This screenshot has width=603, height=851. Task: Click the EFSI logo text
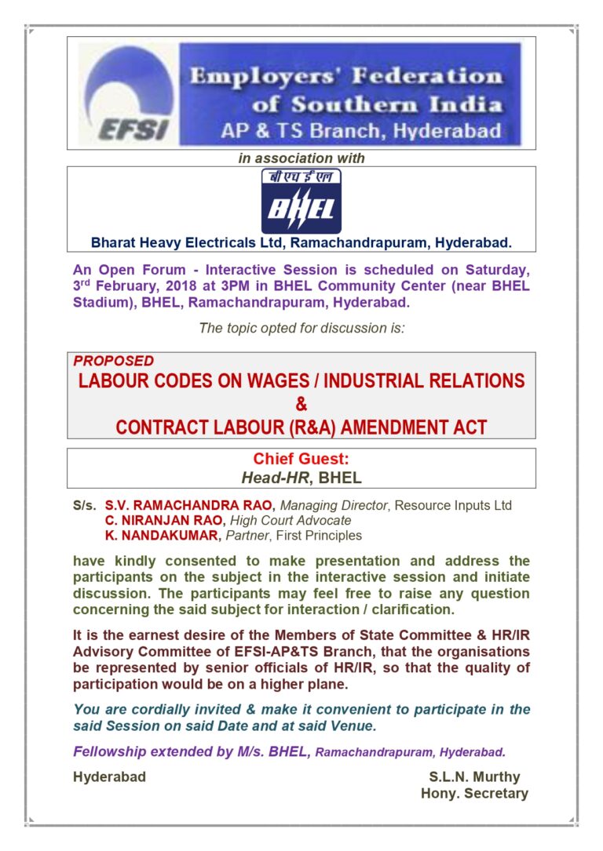[133, 128]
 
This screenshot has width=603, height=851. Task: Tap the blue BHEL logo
[301, 202]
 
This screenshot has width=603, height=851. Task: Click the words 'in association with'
[301, 158]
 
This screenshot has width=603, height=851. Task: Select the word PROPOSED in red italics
[114, 362]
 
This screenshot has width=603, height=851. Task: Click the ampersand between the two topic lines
[301, 405]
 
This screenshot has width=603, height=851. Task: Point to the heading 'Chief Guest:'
[301, 459]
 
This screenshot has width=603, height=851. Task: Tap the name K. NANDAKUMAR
[161, 536]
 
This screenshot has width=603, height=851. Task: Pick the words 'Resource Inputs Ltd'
[453, 505]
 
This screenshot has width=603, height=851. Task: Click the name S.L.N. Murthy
[474, 777]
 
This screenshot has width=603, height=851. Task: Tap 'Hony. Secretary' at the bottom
[474, 793]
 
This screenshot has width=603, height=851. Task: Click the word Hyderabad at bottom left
[109, 777]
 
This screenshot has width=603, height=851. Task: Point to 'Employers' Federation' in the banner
[346, 77]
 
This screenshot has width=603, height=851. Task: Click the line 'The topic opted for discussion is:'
[301, 328]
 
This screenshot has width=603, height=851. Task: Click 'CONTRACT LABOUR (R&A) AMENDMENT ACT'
[301, 427]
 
